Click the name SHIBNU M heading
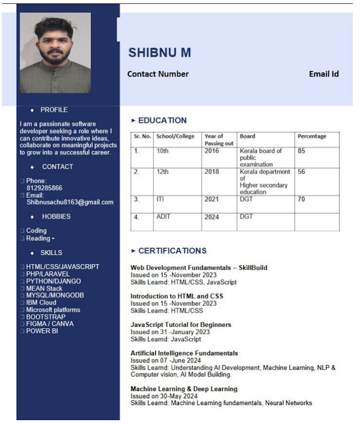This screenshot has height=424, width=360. pyautogui.click(x=160, y=53)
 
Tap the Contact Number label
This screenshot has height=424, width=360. pyautogui.click(x=158, y=74)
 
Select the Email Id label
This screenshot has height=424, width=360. pyautogui.click(x=324, y=74)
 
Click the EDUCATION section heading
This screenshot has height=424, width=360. pyautogui.click(x=162, y=121)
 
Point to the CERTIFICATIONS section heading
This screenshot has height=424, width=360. pyautogui.click(x=172, y=251)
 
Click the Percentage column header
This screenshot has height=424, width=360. pyautogui.click(x=312, y=137)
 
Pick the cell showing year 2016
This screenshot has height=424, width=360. pyautogui.click(x=212, y=151)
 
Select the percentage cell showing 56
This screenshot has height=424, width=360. pyautogui.click(x=302, y=172)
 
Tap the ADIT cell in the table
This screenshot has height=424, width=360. pyautogui.click(x=163, y=216)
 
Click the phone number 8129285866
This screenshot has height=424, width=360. pyautogui.click(x=44, y=188)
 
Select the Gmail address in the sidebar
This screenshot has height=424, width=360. pyautogui.click(x=70, y=202)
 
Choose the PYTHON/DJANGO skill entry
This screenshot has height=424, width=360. pyautogui.click(x=54, y=281)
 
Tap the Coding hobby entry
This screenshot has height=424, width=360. pyautogui.click(x=36, y=230)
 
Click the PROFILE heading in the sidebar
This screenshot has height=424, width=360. pyautogui.click(x=54, y=110)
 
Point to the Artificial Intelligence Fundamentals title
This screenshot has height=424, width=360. pyautogui.click(x=184, y=353)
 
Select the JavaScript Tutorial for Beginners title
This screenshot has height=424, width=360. pyautogui.click(x=180, y=324)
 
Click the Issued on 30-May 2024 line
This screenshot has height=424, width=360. pyautogui.click(x=164, y=396)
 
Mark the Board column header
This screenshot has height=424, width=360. pyautogui.click(x=247, y=137)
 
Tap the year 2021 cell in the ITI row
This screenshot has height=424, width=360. pyautogui.click(x=212, y=199)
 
